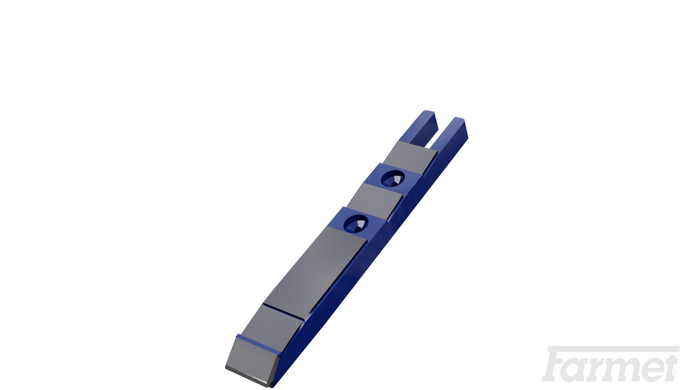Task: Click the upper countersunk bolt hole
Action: click(393, 178)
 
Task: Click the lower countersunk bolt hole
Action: click(356, 224)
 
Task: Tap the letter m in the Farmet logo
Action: click(625, 370)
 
